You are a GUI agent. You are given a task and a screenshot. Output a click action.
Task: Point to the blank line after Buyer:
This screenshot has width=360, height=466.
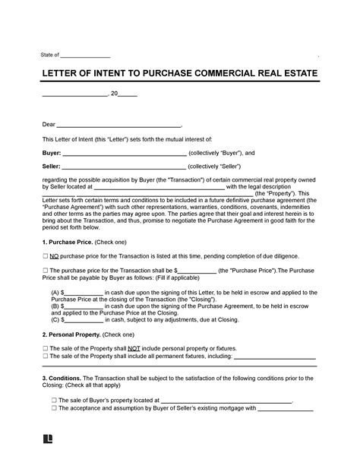pos(125,154)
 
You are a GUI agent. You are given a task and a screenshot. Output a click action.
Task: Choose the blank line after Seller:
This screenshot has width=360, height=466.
pos(125,167)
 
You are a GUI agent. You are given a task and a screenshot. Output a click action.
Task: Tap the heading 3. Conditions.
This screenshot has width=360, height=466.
pos(63,377)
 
